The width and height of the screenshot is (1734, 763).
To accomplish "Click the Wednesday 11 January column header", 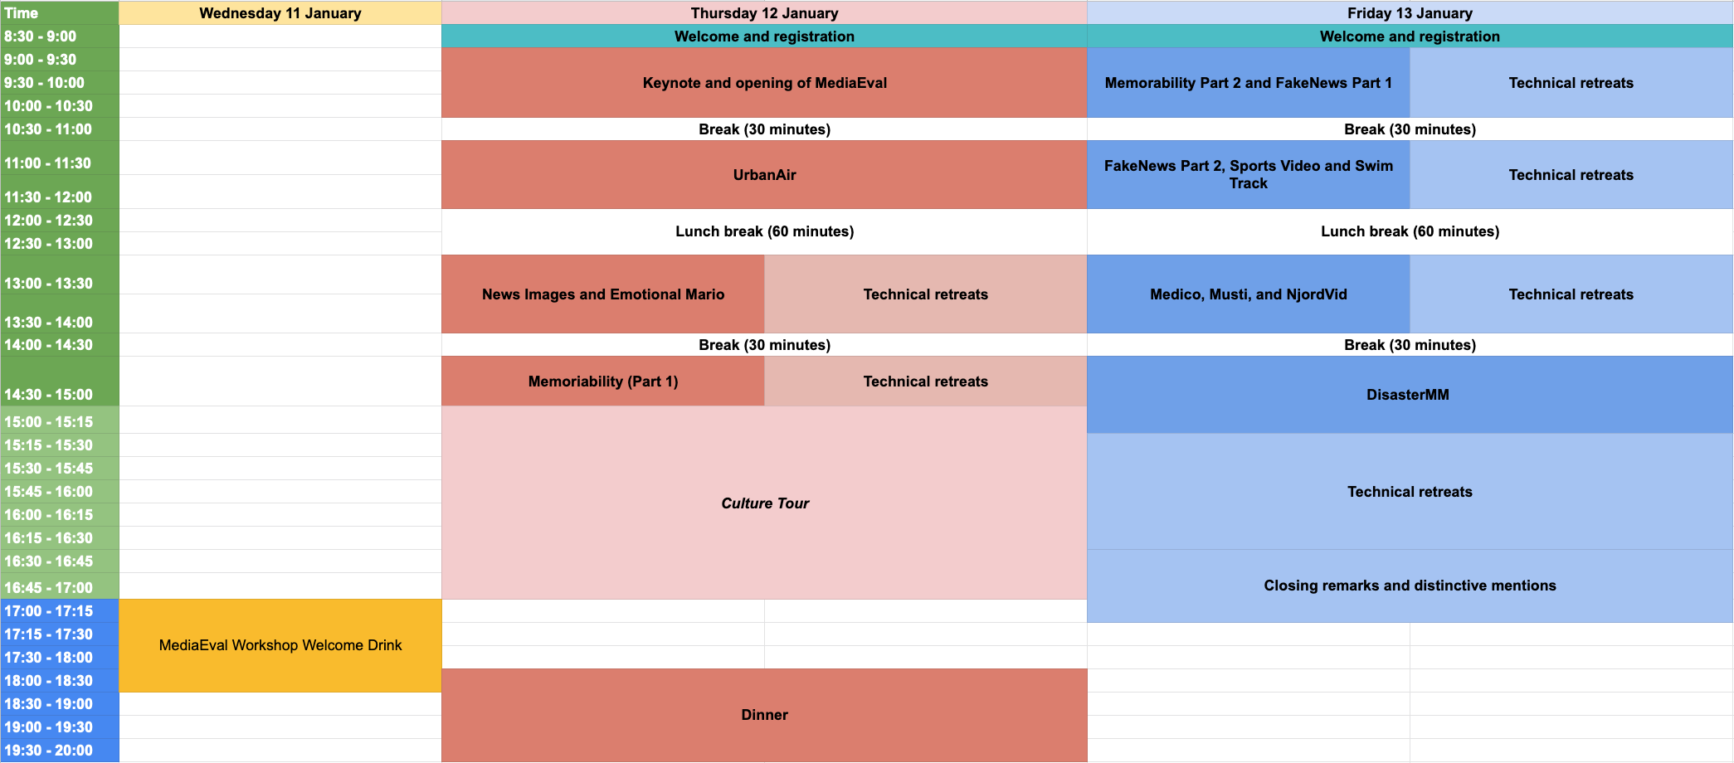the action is pyautogui.click(x=280, y=13).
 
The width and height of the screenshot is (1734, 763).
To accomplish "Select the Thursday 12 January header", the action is pyautogui.click(x=764, y=13).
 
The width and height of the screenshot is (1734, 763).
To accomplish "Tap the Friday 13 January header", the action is pyautogui.click(x=1410, y=13).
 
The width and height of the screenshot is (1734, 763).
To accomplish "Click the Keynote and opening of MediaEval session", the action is pyautogui.click(x=764, y=83).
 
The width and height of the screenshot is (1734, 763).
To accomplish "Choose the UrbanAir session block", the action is pyautogui.click(x=764, y=175).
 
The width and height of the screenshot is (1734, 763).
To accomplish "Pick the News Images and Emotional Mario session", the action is pyautogui.click(x=603, y=294).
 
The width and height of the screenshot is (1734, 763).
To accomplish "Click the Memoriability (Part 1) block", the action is pyautogui.click(x=603, y=381).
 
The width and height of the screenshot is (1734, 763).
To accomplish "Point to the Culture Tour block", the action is pyautogui.click(x=764, y=503).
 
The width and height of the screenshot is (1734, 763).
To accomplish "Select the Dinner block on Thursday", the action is pyautogui.click(x=764, y=715).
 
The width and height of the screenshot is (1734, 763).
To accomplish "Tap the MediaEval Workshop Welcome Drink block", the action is pyautogui.click(x=280, y=645).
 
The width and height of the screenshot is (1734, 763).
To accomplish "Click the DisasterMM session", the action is pyautogui.click(x=1408, y=395).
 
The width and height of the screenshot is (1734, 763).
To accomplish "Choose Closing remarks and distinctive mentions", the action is pyautogui.click(x=1410, y=586).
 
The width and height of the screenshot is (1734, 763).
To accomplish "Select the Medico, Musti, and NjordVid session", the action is pyautogui.click(x=1248, y=294).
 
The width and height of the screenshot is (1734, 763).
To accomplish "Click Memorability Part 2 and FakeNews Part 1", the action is pyautogui.click(x=1248, y=83).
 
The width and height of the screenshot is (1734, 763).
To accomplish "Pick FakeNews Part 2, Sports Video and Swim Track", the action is pyautogui.click(x=1248, y=175).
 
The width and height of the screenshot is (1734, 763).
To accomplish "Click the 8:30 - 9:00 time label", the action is pyautogui.click(x=41, y=36).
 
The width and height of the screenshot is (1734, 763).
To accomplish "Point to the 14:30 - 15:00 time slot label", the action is pyautogui.click(x=48, y=395).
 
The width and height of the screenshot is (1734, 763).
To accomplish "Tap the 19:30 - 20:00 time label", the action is pyautogui.click(x=48, y=751).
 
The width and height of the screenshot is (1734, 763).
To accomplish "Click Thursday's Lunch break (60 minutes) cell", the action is pyautogui.click(x=764, y=231).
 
